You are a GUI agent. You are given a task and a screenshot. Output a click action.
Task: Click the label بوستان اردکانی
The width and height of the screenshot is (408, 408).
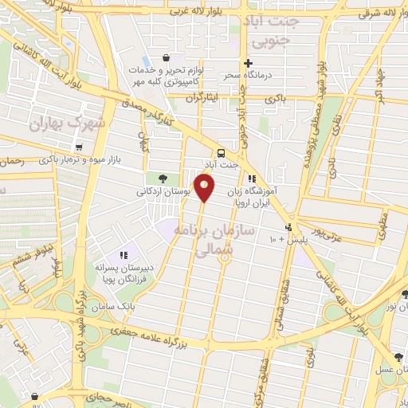tap(162, 191)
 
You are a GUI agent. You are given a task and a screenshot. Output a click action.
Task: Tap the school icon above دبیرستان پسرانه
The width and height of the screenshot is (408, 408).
tap(124, 255)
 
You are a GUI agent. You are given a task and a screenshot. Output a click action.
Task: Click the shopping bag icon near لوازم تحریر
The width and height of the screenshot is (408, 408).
tap(165, 57)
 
